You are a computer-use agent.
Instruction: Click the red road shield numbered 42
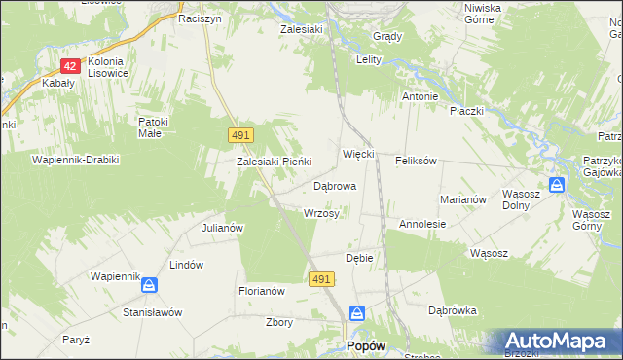pos(69,66)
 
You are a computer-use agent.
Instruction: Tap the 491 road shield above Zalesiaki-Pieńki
pos(241,134)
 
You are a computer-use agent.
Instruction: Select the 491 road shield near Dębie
pos(323,279)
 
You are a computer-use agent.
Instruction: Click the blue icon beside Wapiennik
pos(149,285)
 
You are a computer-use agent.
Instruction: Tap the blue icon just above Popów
pos(357,313)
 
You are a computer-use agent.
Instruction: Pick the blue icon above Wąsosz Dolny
pos(556,184)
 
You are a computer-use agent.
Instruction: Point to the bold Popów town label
pos(366,345)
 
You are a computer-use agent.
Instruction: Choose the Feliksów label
pos(416,160)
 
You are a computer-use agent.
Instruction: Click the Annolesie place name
pos(422,224)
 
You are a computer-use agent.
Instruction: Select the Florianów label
pos(261,291)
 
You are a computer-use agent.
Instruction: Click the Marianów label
pos(462,198)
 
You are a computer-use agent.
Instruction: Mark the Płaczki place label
pos(466,111)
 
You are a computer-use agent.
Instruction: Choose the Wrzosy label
pos(321,213)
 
